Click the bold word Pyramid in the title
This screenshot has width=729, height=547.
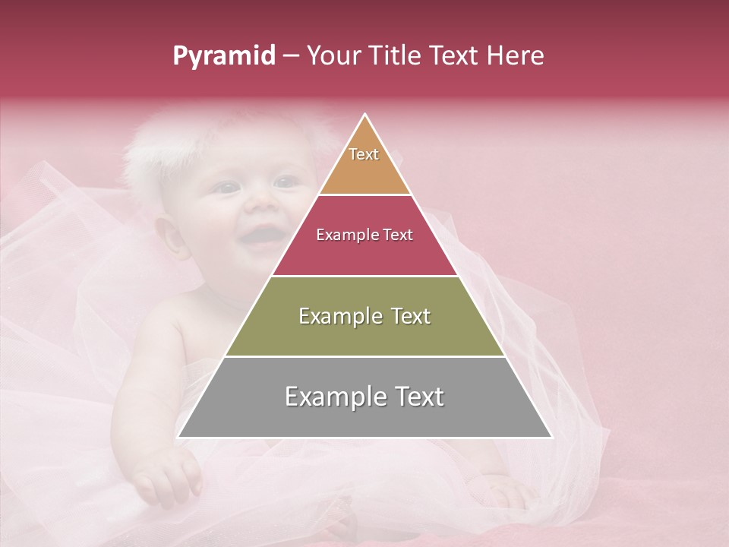[x=224, y=56]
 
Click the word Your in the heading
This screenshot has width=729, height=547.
[x=333, y=56]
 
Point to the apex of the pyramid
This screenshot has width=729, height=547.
[x=365, y=115]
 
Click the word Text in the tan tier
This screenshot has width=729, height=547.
[x=364, y=154]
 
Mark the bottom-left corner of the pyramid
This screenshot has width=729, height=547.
[x=178, y=438]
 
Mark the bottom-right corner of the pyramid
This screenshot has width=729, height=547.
[x=552, y=438]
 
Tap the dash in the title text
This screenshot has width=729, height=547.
[x=291, y=56]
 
